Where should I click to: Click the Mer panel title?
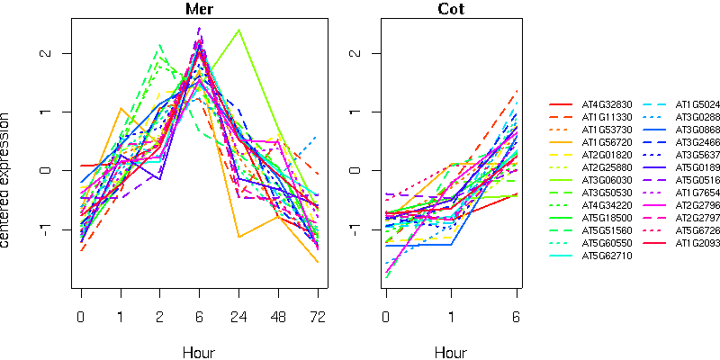click(200, 9)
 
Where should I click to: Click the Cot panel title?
click(451, 9)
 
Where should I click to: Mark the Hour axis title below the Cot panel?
click(451, 353)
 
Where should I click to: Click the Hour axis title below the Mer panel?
click(200, 353)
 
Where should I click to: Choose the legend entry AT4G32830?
click(607, 104)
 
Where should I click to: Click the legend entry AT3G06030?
click(607, 180)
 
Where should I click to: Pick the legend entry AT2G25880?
click(607, 167)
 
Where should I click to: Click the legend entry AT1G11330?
click(607, 117)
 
